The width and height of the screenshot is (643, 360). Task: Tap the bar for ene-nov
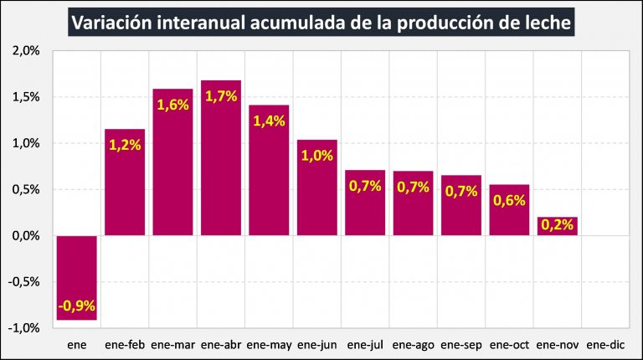tap(558, 227)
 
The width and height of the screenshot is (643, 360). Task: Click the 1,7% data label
tap(221, 96)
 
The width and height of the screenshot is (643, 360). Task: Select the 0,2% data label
tap(558, 224)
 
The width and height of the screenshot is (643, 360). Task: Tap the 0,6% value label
tap(509, 200)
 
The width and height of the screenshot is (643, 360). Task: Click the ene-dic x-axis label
tap(604, 343)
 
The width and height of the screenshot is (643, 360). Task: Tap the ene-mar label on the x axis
tap(173, 343)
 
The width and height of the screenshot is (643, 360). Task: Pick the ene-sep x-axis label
tap(461, 343)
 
